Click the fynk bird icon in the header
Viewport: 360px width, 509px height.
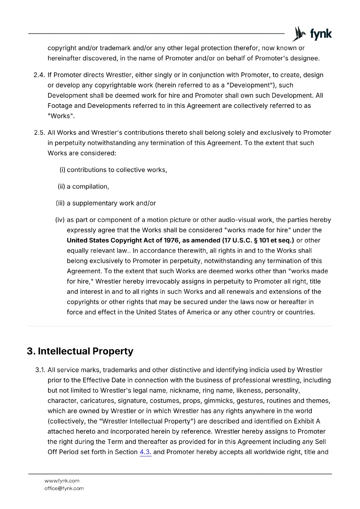(299, 34)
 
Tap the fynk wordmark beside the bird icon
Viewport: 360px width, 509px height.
(321, 34)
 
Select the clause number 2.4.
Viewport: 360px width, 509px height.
(39, 75)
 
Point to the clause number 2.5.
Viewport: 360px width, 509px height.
(39, 133)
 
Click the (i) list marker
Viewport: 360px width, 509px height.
(62, 170)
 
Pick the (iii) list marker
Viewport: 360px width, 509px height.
(60, 203)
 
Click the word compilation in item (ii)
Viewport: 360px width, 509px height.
(90, 187)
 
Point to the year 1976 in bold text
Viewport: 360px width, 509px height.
(172, 241)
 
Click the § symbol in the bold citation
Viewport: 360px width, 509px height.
(256, 241)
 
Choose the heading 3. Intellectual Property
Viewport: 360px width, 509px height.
(80, 351)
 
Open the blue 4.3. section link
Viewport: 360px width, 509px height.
(145, 452)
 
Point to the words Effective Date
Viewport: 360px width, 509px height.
(104, 380)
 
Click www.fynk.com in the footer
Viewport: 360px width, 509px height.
(62, 481)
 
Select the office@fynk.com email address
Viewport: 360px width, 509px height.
(64, 488)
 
